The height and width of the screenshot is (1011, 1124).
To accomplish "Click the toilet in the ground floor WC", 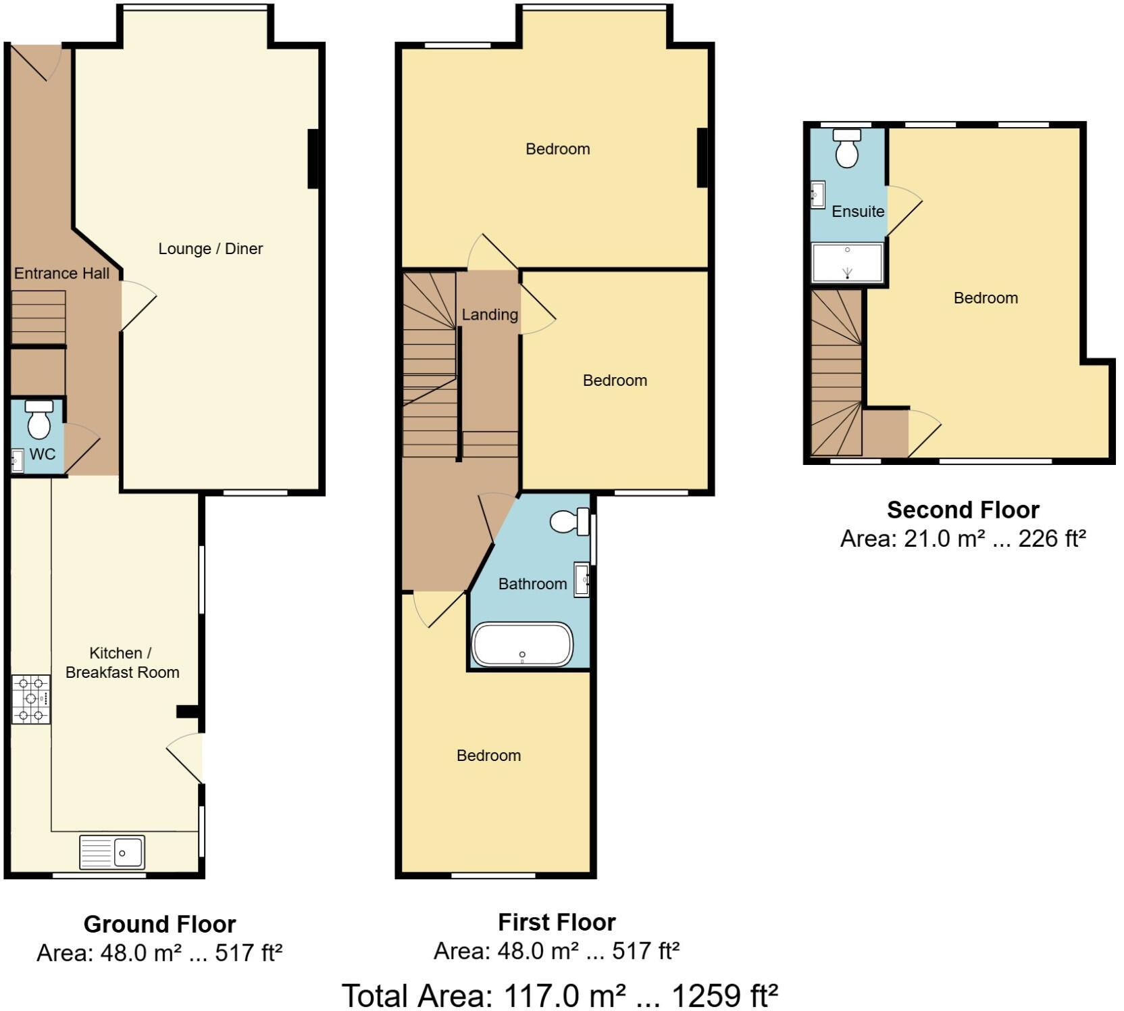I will pos(39,420).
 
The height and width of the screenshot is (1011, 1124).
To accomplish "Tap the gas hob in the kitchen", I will pos(31,698).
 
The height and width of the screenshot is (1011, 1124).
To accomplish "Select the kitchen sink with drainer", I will pos(112,852).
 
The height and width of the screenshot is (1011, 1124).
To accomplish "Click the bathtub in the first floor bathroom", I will pos(522,644).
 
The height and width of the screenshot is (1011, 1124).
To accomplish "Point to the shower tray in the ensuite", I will pos(847,262).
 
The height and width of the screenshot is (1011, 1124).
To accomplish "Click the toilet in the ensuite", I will pos(847,148).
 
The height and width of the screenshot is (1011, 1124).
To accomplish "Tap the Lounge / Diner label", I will pos(210,249).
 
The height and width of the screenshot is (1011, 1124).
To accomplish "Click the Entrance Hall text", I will pos(61,274).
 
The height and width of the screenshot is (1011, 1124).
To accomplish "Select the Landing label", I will pos(490,314).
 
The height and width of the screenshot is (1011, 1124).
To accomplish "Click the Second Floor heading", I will pos(963,510).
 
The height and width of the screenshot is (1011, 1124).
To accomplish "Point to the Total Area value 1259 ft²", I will pos(724,995).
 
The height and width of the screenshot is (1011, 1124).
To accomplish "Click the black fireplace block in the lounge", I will pos(313,159).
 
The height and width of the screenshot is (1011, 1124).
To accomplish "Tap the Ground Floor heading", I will pos(159,924).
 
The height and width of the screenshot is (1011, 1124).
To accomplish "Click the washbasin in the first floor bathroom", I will pos(582,579).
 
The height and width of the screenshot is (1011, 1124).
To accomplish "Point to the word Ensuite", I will pos(858,212).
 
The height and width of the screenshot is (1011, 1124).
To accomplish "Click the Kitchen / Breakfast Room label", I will pos(122,662).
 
